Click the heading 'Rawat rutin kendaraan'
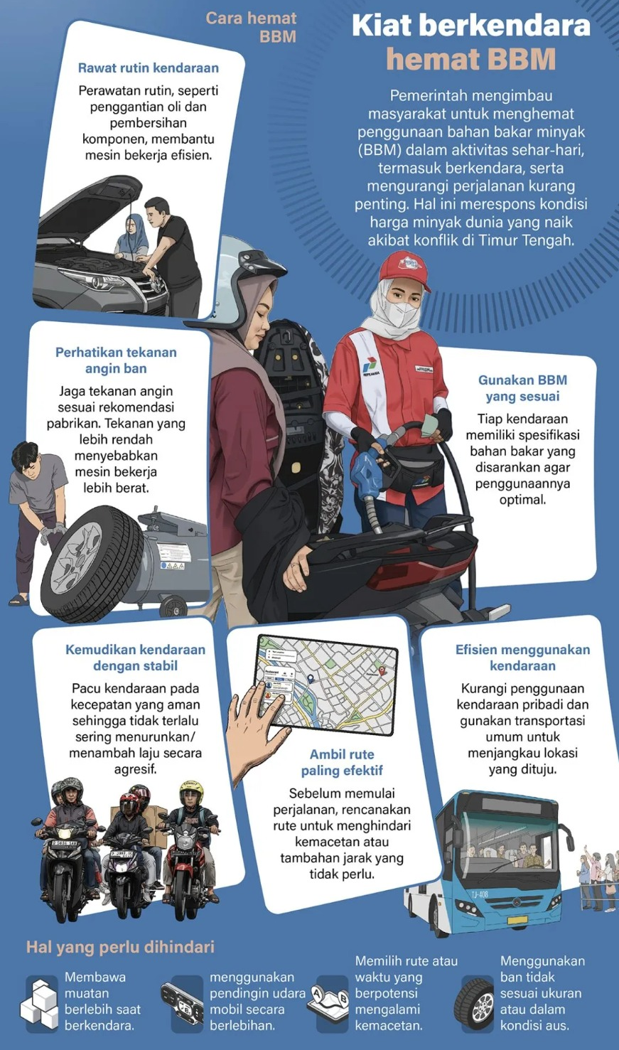point(148,68)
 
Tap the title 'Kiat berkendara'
point(470,26)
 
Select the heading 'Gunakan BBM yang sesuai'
point(522,388)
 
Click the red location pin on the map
point(382,670)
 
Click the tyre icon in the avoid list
point(474,1002)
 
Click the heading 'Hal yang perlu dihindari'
point(120,947)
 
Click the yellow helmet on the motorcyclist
point(191,790)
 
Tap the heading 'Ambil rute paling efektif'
point(342,762)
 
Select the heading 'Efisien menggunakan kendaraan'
point(522,658)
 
